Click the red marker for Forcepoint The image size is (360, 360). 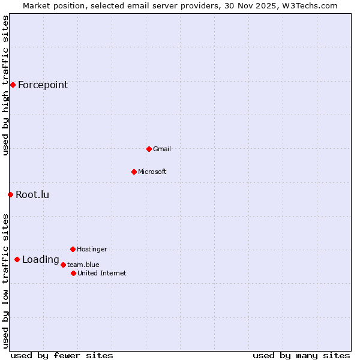click(x=13, y=85)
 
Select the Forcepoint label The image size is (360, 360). click(x=43, y=85)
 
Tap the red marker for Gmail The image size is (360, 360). click(x=149, y=149)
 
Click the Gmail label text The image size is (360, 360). click(x=162, y=149)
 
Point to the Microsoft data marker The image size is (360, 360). click(x=134, y=172)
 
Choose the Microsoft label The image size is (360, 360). click(x=152, y=172)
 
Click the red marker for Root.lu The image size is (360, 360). click(x=10, y=194)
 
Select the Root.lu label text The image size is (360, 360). click(x=32, y=194)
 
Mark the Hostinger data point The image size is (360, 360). click(x=73, y=249)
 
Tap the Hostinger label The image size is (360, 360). click(x=92, y=249)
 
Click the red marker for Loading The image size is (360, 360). click(x=17, y=259)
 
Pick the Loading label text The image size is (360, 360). click(x=40, y=260)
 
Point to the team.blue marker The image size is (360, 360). click(x=63, y=265)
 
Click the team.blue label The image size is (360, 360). click(x=83, y=265)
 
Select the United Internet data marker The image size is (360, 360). click(x=73, y=273)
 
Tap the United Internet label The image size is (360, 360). click(x=102, y=273)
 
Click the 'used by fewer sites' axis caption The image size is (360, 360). click(x=62, y=355)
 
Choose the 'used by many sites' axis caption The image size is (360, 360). click(x=301, y=355)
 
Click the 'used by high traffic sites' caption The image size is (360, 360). click(x=5, y=86)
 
